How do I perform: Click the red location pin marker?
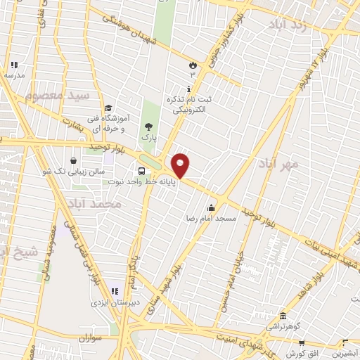click(x=181, y=165)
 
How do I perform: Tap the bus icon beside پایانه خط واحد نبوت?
click(x=142, y=171)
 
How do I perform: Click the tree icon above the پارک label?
click(x=148, y=127)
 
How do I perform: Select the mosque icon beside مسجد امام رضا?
click(x=211, y=208)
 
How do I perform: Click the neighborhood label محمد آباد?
click(x=96, y=203)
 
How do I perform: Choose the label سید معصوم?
click(x=58, y=94)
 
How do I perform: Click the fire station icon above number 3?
click(x=192, y=65)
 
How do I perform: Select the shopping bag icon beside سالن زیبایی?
click(x=74, y=161)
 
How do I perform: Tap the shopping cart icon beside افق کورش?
click(x=302, y=342)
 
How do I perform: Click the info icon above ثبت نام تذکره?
click(x=189, y=89)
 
